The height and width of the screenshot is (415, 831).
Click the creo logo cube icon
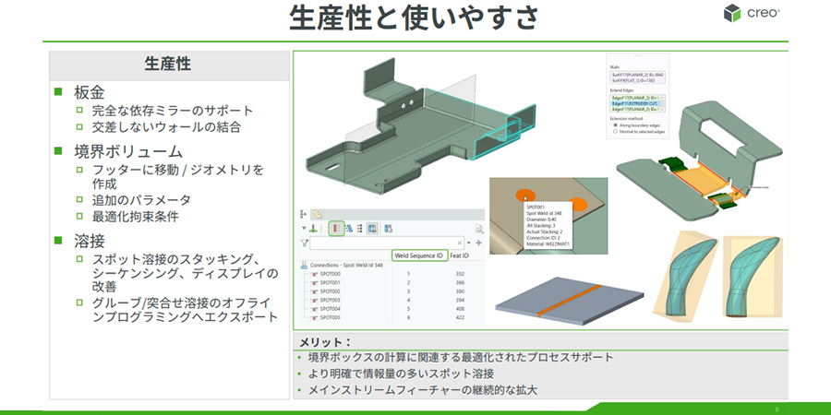(x=733, y=13)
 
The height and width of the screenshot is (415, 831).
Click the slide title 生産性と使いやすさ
(x=415, y=18)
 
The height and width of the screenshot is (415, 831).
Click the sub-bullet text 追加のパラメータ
(x=140, y=199)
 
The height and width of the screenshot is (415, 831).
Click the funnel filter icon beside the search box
(x=304, y=243)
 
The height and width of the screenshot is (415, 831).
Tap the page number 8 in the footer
(x=777, y=407)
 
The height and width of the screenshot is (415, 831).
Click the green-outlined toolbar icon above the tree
(x=337, y=228)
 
